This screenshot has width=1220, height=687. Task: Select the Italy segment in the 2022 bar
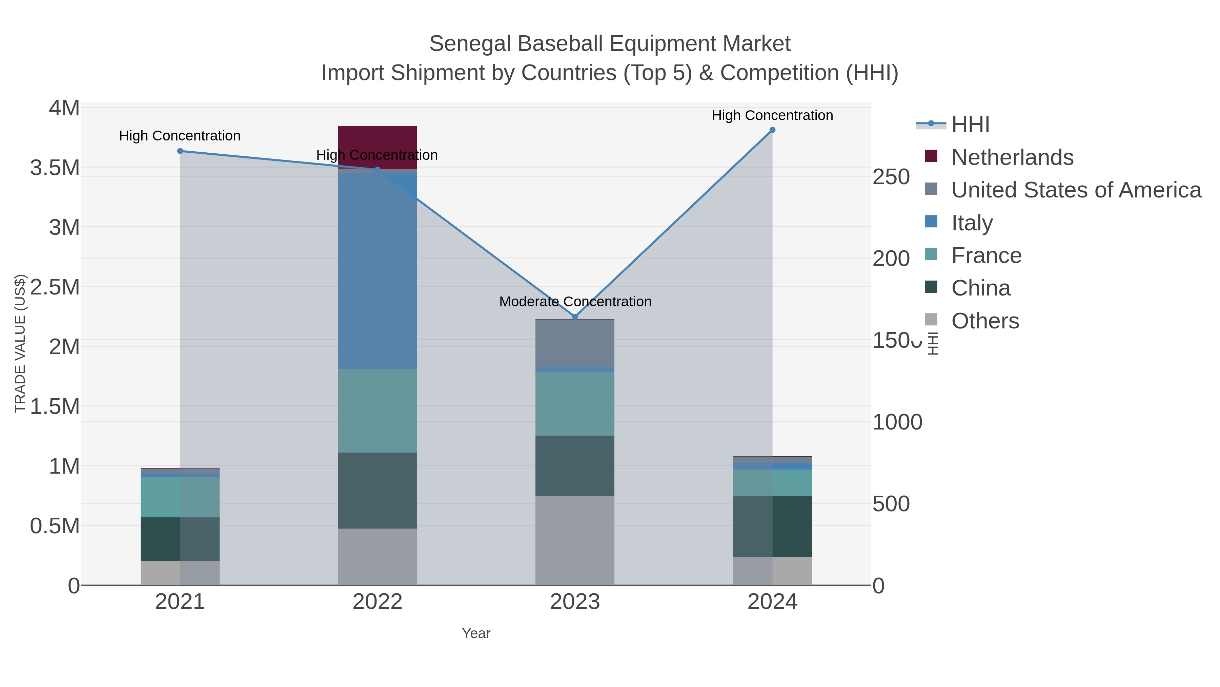tap(378, 270)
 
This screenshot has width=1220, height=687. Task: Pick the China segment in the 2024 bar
tap(772, 526)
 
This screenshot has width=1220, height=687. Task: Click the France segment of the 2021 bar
tap(180, 497)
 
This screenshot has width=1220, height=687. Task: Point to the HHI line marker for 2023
tap(575, 317)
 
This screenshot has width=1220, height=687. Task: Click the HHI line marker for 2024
tap(772, 130)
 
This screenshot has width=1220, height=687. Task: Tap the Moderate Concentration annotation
tap(575, 302)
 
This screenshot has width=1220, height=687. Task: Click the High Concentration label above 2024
tap(772, 115)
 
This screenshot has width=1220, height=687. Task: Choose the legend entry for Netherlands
tap(1012, 157)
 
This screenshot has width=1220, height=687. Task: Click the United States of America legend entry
tap(1076, 190)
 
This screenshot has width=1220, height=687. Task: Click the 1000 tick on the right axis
tap(897, 422)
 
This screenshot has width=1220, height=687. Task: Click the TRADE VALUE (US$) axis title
tap(20, 343)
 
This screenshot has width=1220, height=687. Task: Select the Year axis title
tap(476, 633)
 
